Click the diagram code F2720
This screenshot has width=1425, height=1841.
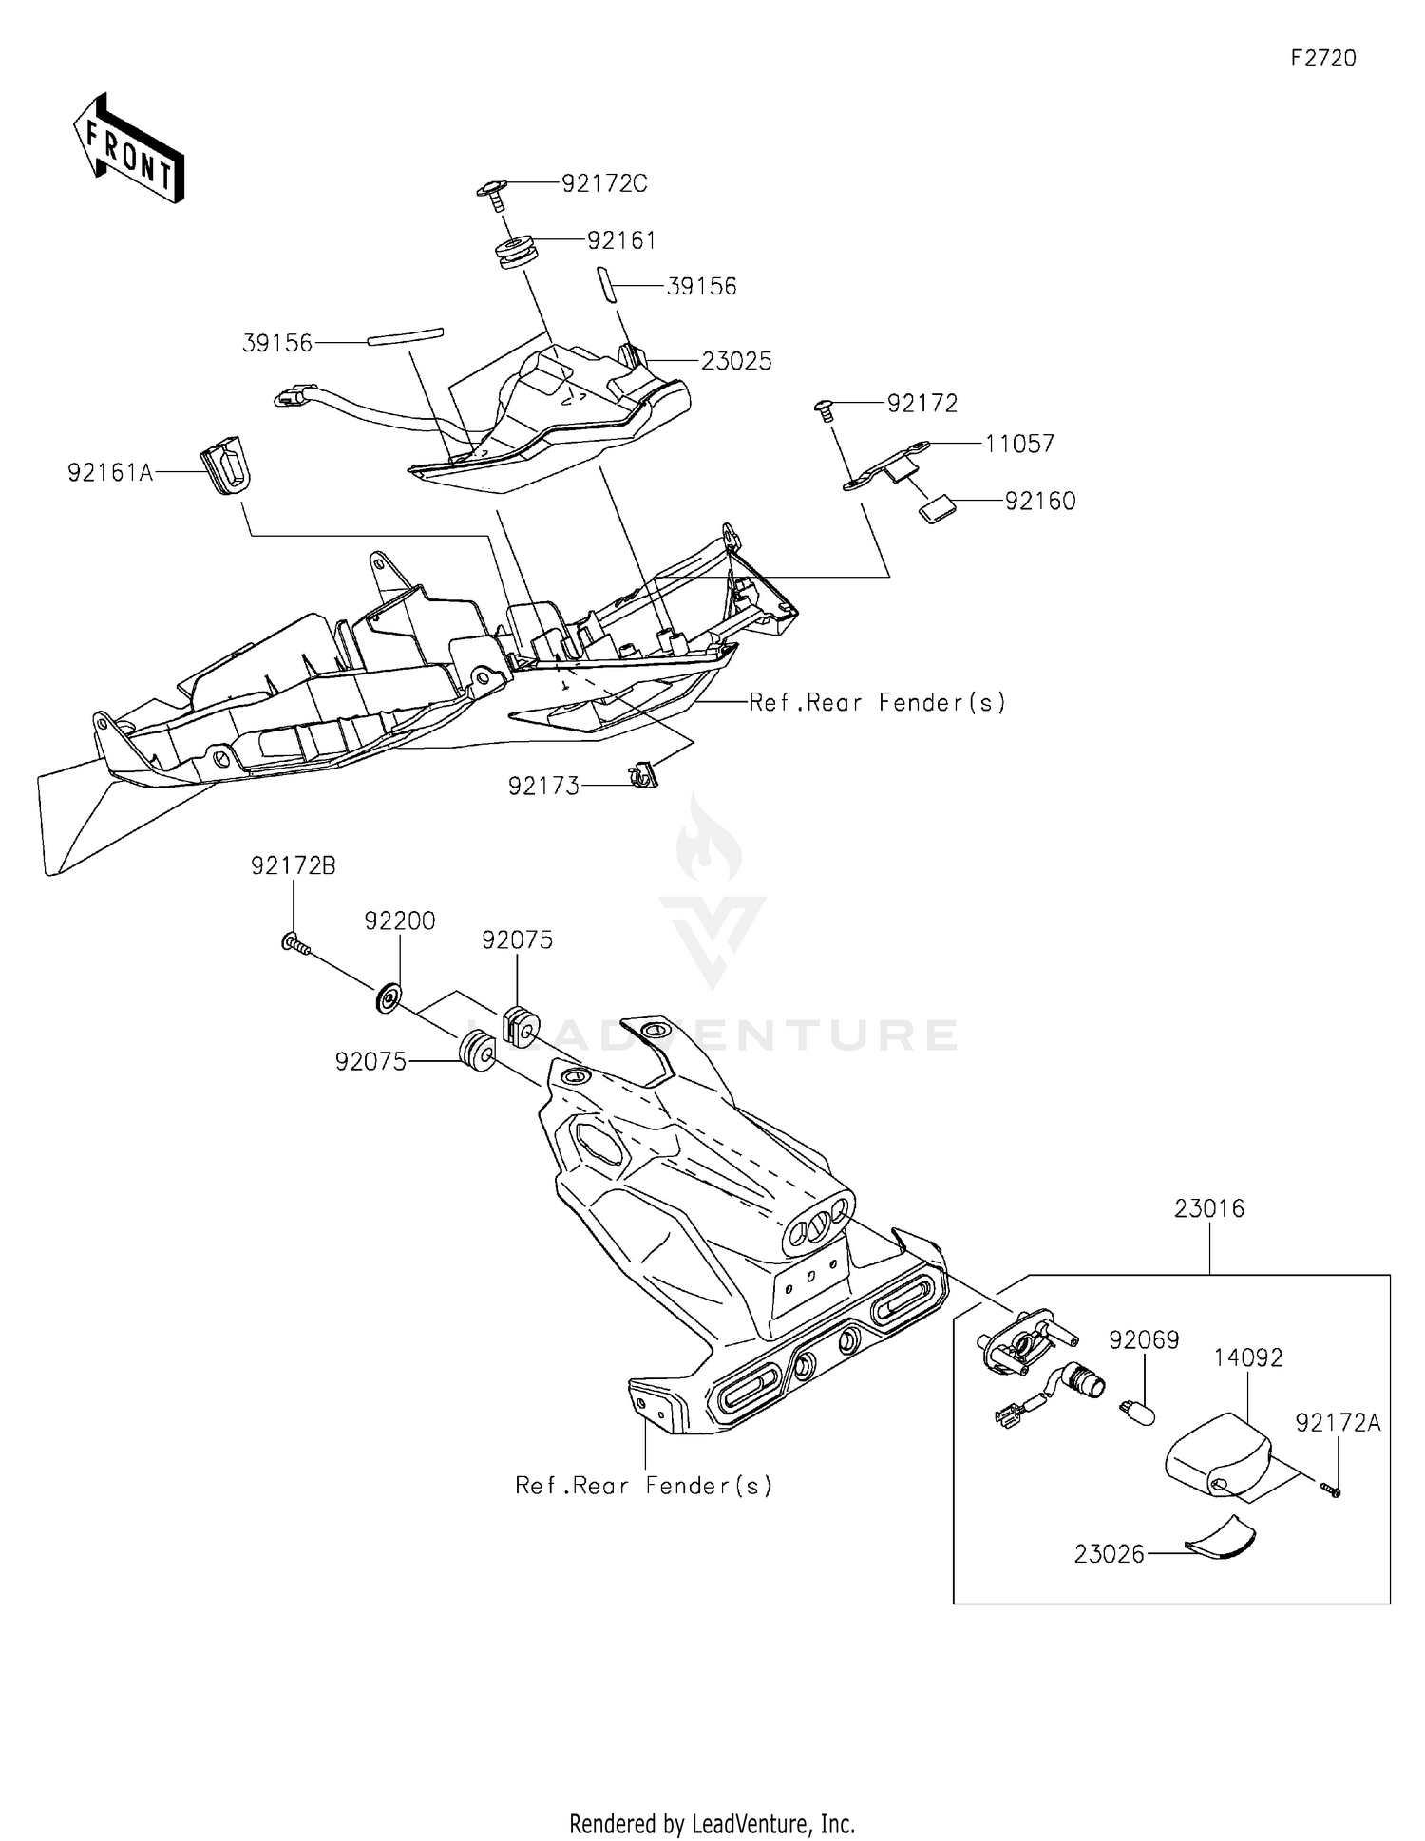1322,58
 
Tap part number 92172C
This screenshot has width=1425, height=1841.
604,183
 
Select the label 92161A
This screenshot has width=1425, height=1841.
110,472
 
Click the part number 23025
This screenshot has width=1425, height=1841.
736,361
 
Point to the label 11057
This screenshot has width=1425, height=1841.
1019,444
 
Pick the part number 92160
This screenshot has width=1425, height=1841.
1040,501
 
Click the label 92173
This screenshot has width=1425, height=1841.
543,787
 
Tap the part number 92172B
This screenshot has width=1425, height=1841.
293,865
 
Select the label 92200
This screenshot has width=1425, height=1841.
400,920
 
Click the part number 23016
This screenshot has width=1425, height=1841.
1208,1208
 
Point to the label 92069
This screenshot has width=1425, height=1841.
1144,1339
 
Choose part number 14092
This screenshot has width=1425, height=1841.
1247,1357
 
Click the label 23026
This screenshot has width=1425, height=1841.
1109,1554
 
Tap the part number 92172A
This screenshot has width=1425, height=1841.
1338,1422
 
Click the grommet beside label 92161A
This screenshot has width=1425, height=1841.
225,465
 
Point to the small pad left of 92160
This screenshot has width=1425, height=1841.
937,509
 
